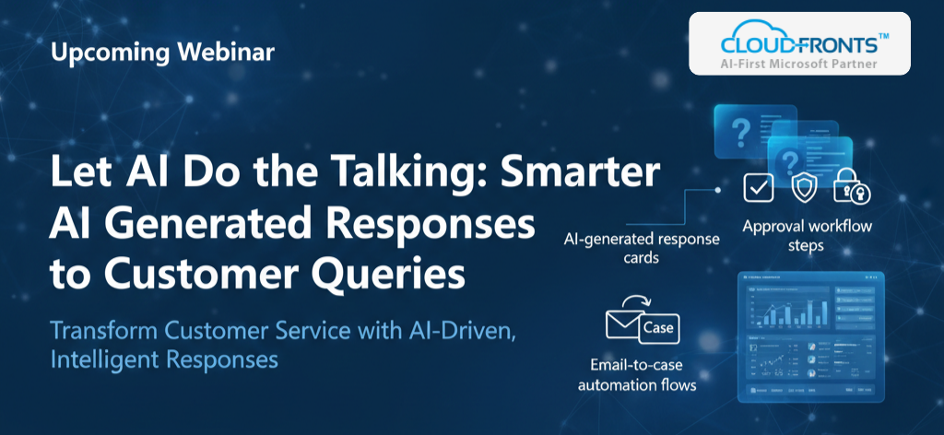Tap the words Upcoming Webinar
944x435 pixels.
point(162,53)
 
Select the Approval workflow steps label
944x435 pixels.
point(807,236)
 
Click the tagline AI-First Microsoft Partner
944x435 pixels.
point(799,65)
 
